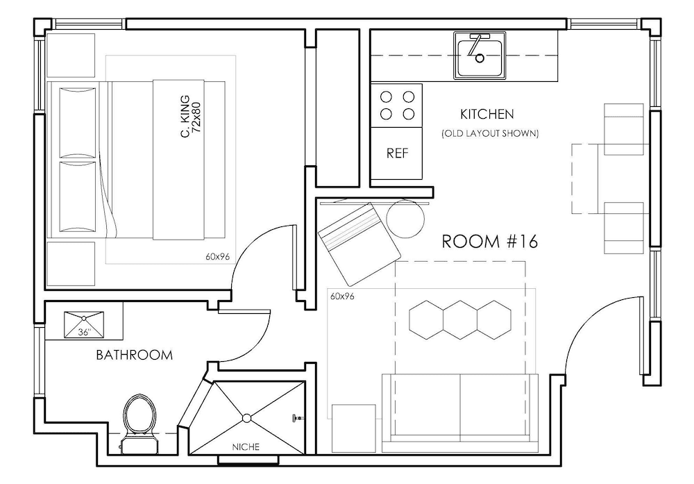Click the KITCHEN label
point(486,113)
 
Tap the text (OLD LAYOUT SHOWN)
point(489,133)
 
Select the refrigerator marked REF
point(397,153)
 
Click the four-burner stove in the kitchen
point(397,105)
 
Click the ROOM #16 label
point(490,242)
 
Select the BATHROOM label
point(134,355)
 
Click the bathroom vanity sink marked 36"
point(84,324)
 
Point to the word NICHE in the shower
point(247,447)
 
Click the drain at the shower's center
point(247,417)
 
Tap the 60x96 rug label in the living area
point(342,297)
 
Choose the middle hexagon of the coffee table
point(460,320)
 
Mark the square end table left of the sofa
point(353,428)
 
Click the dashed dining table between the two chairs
point(585,178)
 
